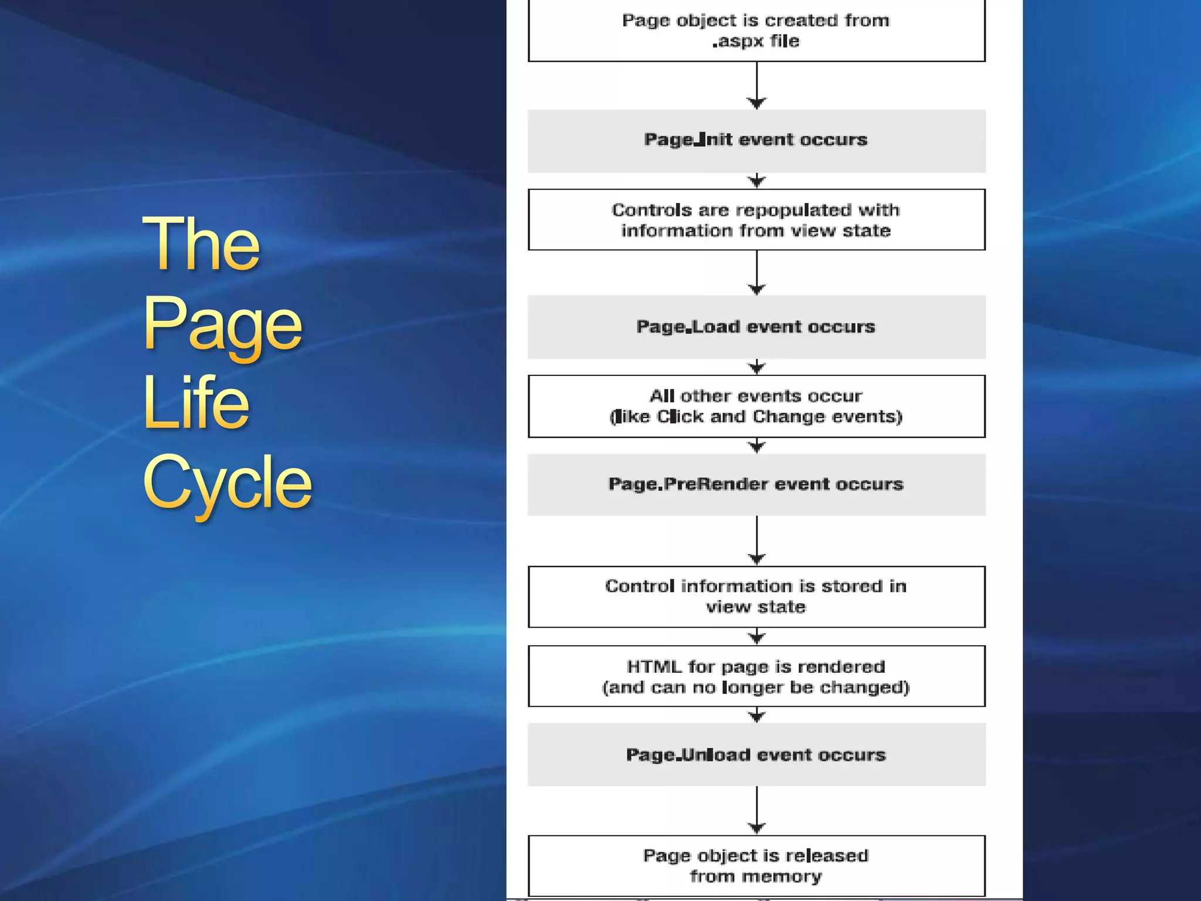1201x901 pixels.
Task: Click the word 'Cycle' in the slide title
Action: [x=227, y=483]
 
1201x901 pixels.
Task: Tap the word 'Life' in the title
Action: [x=196, y=403]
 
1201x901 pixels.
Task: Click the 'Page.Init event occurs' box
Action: [x=756, y=141]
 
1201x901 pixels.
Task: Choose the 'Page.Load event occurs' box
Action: [x=756, y=327]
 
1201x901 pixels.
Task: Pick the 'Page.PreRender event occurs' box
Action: [x=756, y=485]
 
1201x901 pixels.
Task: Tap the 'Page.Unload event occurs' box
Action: [x=756, y=754]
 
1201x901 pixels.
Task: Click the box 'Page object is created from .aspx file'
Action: [x=756, y=31]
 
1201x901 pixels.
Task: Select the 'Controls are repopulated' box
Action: [x=756, y=220]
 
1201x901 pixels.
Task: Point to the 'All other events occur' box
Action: [x=756, y=406]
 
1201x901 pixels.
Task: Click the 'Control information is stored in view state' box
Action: [x=756, y=597]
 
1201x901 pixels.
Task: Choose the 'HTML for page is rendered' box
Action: [x=756, y=676]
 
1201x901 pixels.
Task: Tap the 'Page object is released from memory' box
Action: [x=756, y=866]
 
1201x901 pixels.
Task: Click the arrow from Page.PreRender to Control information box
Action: [x=756, y=540]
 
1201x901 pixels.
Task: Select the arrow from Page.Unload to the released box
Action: [x=756, y=809]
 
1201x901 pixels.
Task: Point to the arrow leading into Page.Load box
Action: [x=756, y=273]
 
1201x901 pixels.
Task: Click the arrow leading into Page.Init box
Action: [x=756, y=85]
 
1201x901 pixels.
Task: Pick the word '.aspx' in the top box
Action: [x=738, y=42]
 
